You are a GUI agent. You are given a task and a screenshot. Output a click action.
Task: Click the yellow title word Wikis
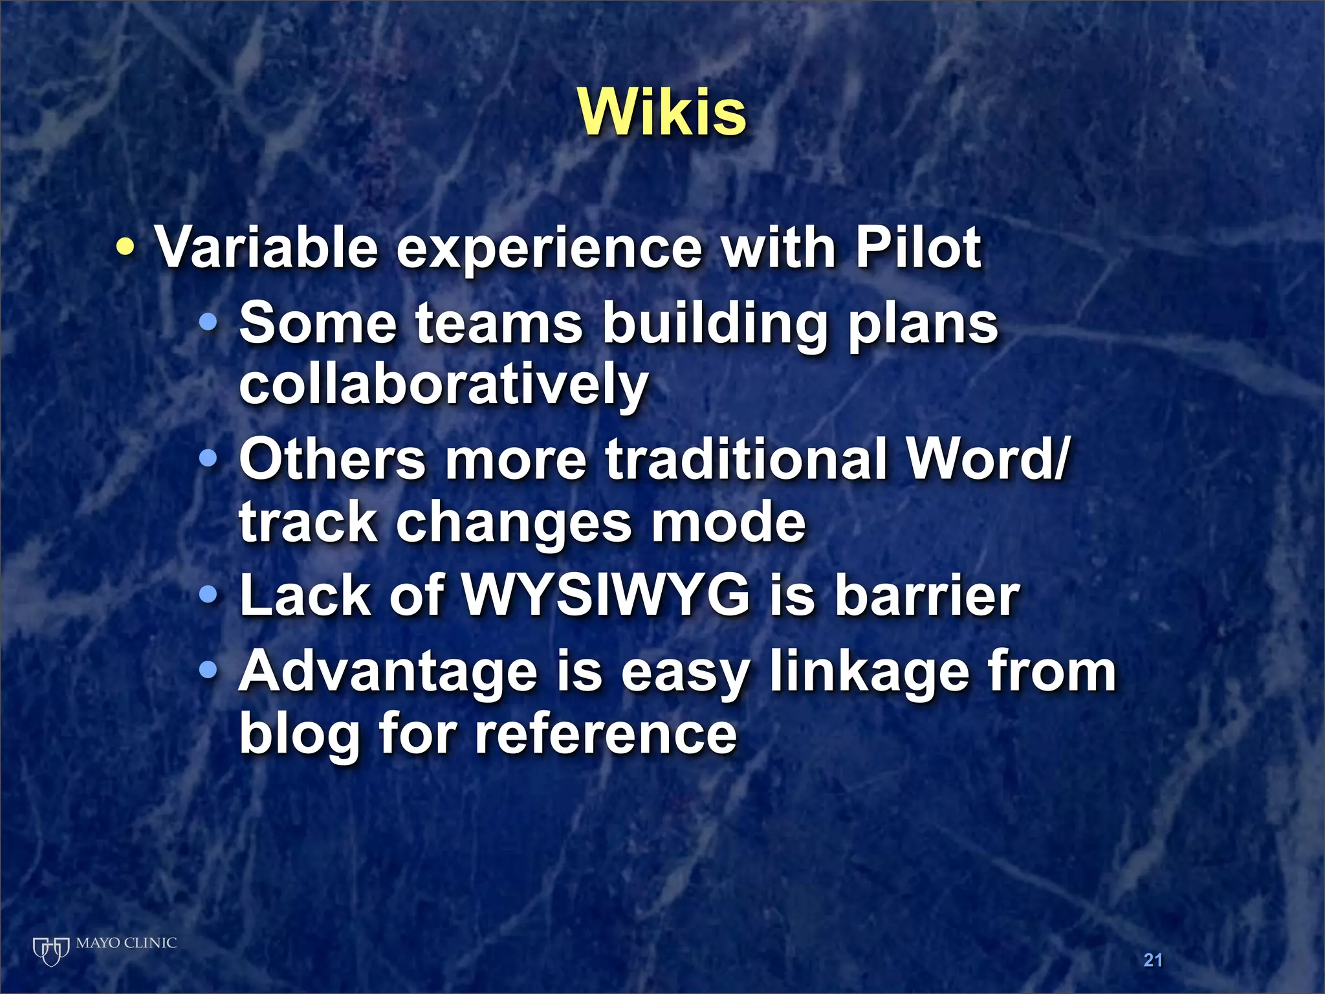pos(662,113)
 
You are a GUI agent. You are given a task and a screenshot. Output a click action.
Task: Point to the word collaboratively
pos(443,384)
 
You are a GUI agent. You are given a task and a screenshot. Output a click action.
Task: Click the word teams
pos(498,323)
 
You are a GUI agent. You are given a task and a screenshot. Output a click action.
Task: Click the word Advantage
pos(388,672)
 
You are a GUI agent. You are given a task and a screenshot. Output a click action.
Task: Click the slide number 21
pos(1153,960)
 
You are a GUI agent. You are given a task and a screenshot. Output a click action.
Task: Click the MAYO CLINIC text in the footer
pos(126,943)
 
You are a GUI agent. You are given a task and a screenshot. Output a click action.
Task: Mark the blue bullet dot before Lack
pos(208,594)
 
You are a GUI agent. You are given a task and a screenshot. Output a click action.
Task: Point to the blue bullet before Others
pos(208,458)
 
